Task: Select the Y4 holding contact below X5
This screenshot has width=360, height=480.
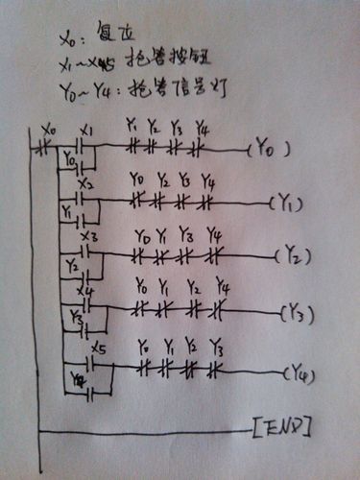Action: pos(89,393)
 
